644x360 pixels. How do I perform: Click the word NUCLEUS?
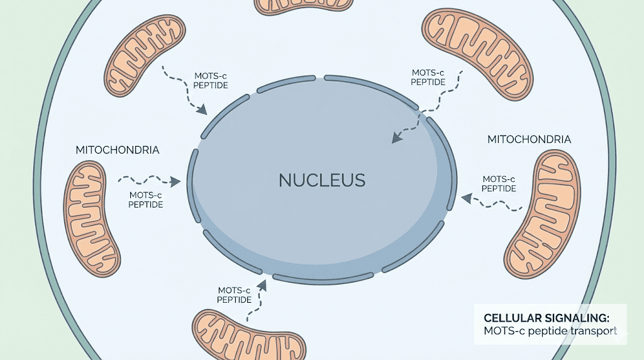coord(321,181)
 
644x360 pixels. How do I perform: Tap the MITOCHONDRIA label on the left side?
coord(117,150)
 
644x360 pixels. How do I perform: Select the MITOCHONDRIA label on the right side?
coord(529,139)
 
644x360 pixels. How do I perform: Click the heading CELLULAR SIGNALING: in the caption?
coord(546,317)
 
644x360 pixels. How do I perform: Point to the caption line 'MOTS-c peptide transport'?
coord(550,330)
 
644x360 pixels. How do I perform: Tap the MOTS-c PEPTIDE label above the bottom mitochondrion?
coord(235,295)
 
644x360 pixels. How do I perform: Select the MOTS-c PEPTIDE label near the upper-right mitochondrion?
coord(428,77)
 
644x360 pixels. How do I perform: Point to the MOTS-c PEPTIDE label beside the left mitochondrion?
coord(145,200)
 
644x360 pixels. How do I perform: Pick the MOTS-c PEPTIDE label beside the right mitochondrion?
coord(499,184)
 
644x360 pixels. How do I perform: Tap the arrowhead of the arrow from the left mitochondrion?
coord(176,182)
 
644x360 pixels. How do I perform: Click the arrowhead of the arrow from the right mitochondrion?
coord(466,198)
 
